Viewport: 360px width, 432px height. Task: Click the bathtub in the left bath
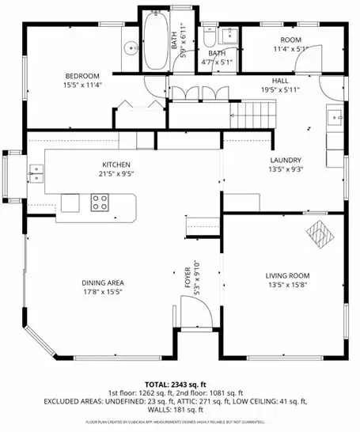pos(153,44)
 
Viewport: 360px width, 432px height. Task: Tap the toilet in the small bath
pos(208,37)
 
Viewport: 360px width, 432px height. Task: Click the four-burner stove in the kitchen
pos(100,203)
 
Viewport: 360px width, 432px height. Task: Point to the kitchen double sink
pos(36,171)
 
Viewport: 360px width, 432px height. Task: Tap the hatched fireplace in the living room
pos(319,233)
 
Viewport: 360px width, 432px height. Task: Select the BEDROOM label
pos(81,77)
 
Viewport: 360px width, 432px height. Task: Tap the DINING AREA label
pos(103,282)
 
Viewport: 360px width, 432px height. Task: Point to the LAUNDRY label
pos(286,160)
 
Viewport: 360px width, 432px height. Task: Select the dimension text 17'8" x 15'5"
pos(103,292)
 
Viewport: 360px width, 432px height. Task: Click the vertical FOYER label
pos(188,279)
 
